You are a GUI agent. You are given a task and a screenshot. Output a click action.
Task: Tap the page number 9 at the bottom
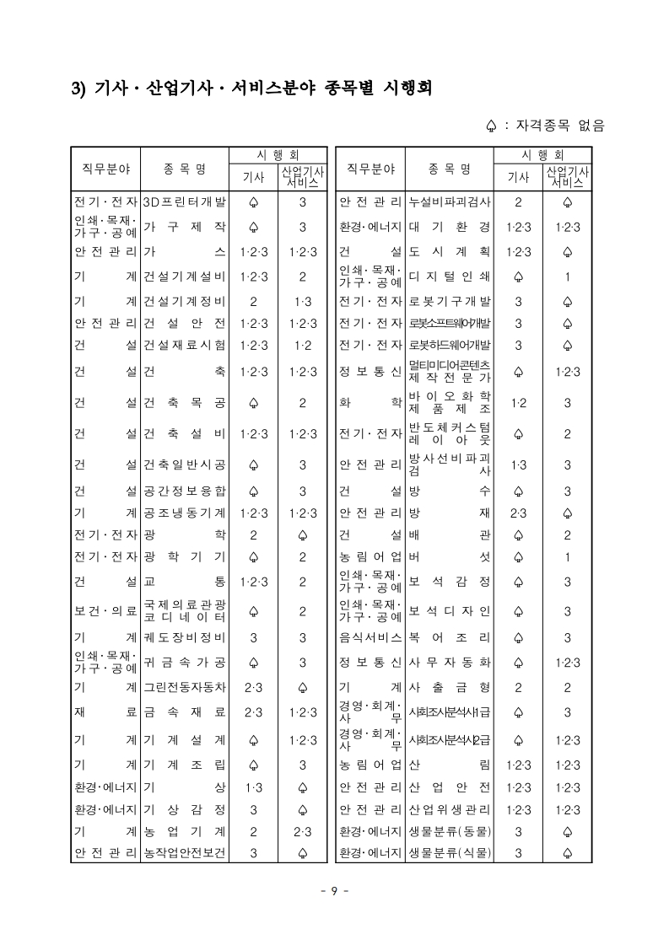(x=334, y=892)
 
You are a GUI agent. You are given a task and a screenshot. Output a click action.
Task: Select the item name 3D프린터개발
(x=184, y=202)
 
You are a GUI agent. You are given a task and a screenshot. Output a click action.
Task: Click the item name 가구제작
(x=184, y=227)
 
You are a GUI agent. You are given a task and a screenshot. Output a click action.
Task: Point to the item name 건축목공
(x=184, y=403)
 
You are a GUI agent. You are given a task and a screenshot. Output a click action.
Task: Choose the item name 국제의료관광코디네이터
(x=184, y=611)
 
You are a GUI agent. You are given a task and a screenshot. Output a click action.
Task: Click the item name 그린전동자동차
(x=184, y=688)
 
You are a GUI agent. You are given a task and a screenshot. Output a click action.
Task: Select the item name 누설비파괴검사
(x=449, y=202)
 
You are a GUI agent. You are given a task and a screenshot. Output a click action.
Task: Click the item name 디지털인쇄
(x=449, y=276)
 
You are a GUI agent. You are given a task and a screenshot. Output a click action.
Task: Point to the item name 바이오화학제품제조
(x=449, y=403)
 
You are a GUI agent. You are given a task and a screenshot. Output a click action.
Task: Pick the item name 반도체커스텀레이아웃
(x=449, y=433)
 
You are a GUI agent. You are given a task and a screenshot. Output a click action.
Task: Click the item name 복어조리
(x=449, y=637)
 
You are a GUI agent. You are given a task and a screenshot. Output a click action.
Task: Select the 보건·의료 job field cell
(x=105, y=611)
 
